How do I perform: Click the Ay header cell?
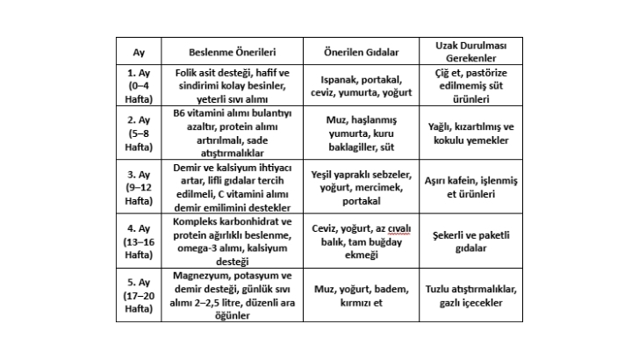click(139, 51)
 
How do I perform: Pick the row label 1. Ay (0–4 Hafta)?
click(139, 84)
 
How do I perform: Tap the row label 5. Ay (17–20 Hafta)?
click(139, 296)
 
